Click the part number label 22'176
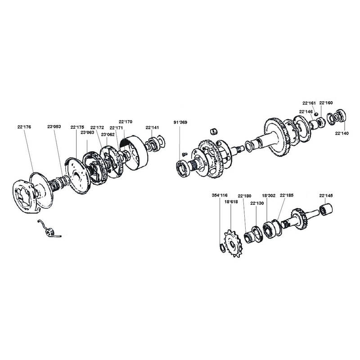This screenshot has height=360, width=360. (x=24, y=127)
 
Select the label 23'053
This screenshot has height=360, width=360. (x=54, y=127)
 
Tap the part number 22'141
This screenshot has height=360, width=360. (x=152, y=128)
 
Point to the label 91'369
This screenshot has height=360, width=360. (x=180, y=122)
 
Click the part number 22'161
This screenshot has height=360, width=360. (x=309, y=103)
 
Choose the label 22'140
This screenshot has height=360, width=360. (x=342, y=133)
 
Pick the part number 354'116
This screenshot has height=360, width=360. (x=220, y=195)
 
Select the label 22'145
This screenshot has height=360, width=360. (x=326, y=196)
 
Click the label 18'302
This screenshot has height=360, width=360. (x=269, y=196)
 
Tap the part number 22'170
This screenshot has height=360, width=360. (x=126, y=121)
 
